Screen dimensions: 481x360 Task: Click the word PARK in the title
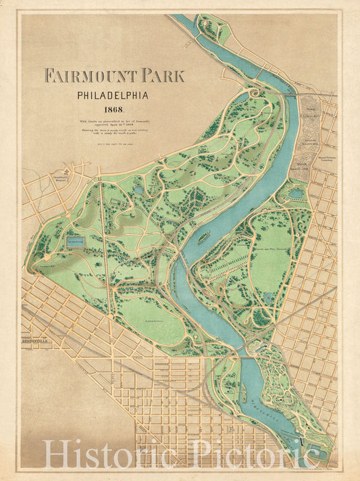tap(163, 75)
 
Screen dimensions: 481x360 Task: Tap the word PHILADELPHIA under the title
tap(113, 95)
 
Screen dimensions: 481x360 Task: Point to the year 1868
tap(113, 109)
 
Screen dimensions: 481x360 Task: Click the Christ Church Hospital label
tap(61, 178)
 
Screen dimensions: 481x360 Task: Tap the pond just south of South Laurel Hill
tap(296, 193)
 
